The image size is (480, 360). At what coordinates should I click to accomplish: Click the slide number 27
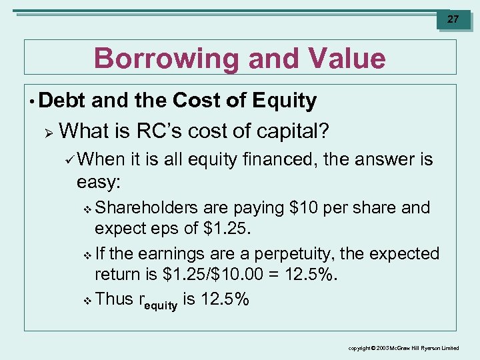[453, 19]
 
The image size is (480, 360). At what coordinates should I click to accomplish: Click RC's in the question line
[162, 130]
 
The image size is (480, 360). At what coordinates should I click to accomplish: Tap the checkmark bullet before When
[81, 160]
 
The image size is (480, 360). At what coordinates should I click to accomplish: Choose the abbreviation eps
[164, 229]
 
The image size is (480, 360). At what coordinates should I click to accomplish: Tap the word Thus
[114, 299]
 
